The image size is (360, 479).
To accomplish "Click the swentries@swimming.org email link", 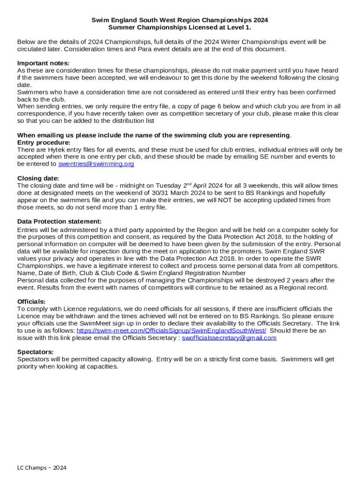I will point(96,164).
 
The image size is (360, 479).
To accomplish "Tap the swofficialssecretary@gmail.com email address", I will point(229,338).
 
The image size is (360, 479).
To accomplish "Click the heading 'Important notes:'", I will point(43,63).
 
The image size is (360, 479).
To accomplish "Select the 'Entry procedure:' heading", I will point(44,143).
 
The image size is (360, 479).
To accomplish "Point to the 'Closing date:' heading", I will point(38,178).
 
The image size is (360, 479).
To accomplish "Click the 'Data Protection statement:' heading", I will point(59,221).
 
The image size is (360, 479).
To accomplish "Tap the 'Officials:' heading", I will point(31,301).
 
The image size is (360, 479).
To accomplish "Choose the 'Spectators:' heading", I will point(36,352).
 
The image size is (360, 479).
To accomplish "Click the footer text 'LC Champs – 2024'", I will point(42,468).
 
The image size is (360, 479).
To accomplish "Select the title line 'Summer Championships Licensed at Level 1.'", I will point(180,28).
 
